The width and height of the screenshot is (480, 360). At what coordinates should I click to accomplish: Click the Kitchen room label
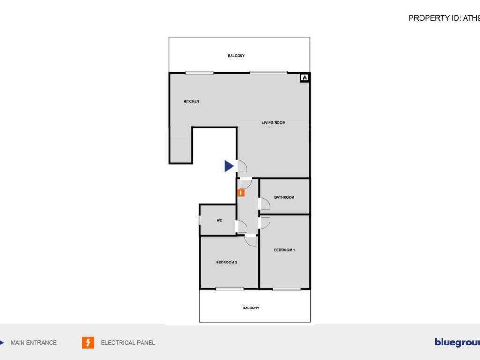point(191,101)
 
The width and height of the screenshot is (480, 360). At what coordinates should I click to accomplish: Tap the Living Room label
point(273,123)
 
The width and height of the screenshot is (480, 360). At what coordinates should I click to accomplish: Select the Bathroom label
point(284,197)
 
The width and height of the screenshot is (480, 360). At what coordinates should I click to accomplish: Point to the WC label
point(219,220)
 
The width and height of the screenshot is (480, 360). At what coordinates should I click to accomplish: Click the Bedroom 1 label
point(285,250)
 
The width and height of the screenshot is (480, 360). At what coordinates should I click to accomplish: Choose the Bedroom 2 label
point(226,262)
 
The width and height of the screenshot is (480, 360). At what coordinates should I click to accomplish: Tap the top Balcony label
point(236,56)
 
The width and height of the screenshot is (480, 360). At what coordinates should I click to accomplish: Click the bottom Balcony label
point(251,308)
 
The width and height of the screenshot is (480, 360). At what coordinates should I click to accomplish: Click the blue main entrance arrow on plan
point(229,166)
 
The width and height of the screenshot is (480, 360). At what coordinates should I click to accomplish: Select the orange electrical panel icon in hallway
point(240,193)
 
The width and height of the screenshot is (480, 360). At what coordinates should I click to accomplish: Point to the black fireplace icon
point(304,78)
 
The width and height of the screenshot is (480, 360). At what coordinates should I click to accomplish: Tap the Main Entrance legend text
point(34,343)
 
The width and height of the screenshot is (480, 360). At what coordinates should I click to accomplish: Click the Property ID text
point(444,18)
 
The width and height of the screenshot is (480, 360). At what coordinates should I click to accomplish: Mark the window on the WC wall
point(199,219)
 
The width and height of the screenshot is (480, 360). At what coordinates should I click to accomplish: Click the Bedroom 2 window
point(229,289)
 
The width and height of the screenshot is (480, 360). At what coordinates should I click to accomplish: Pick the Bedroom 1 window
point(286,289)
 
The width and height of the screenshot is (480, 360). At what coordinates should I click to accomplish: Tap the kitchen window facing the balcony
point(199,73)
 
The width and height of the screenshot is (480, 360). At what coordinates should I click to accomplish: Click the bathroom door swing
point(264,204)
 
